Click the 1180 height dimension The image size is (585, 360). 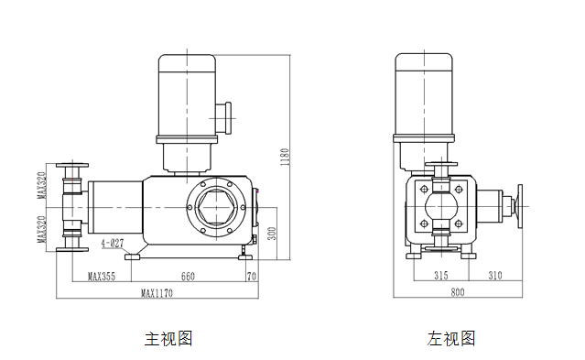pyautogui.click(x=285, y=157)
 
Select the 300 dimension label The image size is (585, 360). pyautogui.click(x=272, y=234)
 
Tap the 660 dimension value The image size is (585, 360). pyautogui.click(x=188, y=277)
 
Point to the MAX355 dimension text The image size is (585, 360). pyautogui.click(x=102, y=277)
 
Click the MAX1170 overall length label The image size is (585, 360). pyautogui.click(x=157, y=293)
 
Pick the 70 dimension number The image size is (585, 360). pyautogui.click(x=252, y=277)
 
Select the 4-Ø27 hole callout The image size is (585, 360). pyautogui.click(x=113, y=244)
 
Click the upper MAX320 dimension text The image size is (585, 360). pyautogui.click(x=41, y=185)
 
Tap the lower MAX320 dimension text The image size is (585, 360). pyautogui.click(x=41, y=229)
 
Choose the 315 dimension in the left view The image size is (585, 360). pyautogui.click(x=441, y=276)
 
